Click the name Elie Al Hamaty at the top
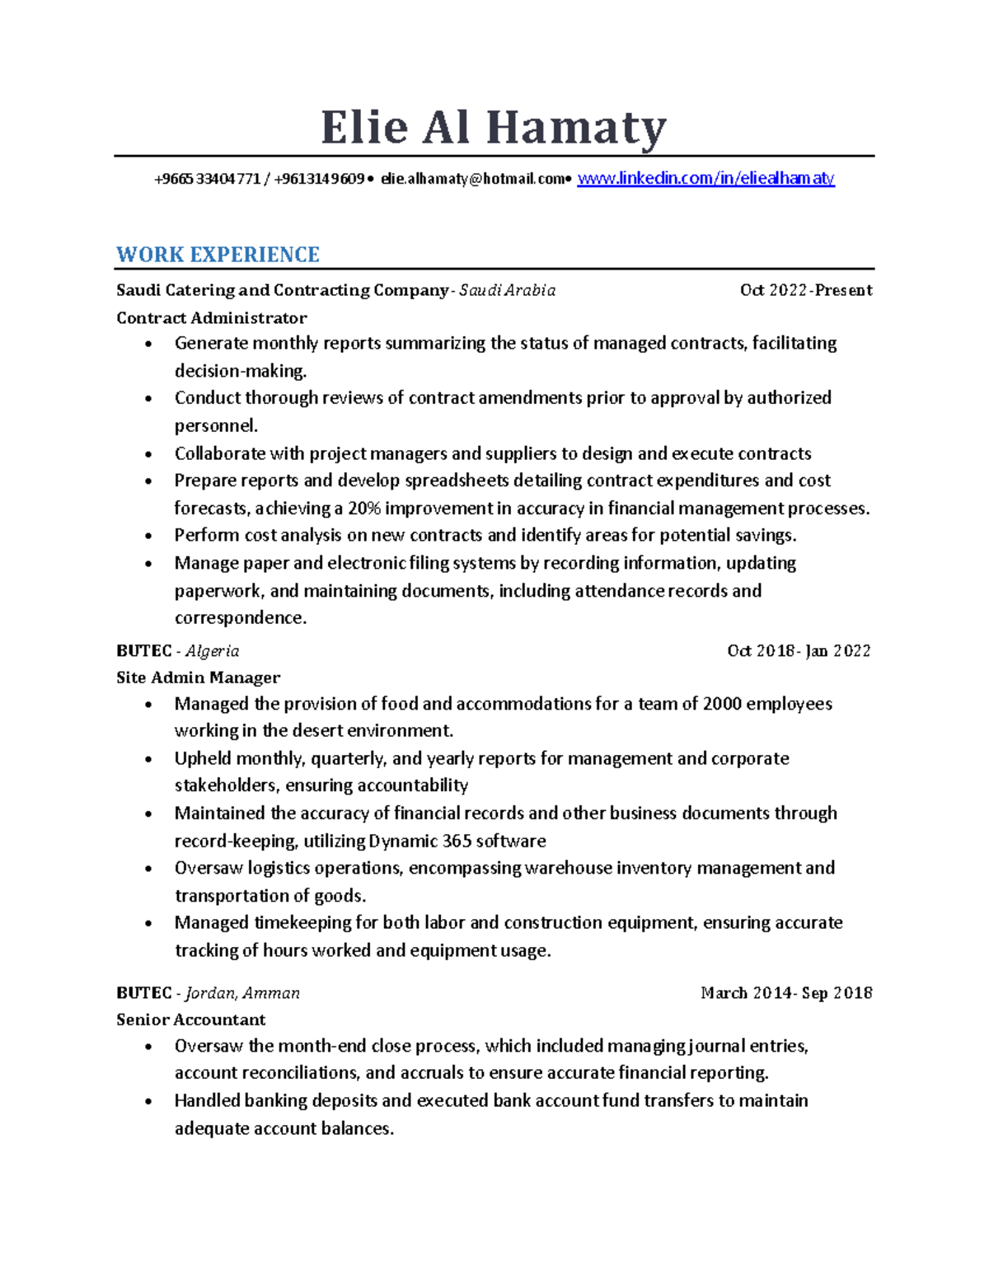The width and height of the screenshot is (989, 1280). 493,128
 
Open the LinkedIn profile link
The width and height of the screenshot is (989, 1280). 705,178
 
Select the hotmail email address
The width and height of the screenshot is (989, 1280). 471,179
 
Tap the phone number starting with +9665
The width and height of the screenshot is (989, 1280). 207,179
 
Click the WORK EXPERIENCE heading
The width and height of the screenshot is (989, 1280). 218,254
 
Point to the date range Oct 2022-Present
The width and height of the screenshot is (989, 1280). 805,290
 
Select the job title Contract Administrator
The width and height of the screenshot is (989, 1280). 211,318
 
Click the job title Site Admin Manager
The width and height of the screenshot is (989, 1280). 198,678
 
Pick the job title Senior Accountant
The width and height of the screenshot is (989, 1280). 190,1020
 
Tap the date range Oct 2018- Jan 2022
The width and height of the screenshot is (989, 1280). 798,651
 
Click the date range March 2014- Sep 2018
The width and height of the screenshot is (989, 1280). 785,993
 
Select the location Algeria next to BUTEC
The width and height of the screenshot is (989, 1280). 212,651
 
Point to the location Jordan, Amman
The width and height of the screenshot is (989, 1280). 242,993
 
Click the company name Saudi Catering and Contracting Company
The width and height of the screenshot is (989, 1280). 282,290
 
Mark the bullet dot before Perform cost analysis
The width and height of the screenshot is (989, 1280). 148,537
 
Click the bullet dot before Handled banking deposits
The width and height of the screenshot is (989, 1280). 148,1102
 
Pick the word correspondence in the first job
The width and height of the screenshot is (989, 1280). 240,618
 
